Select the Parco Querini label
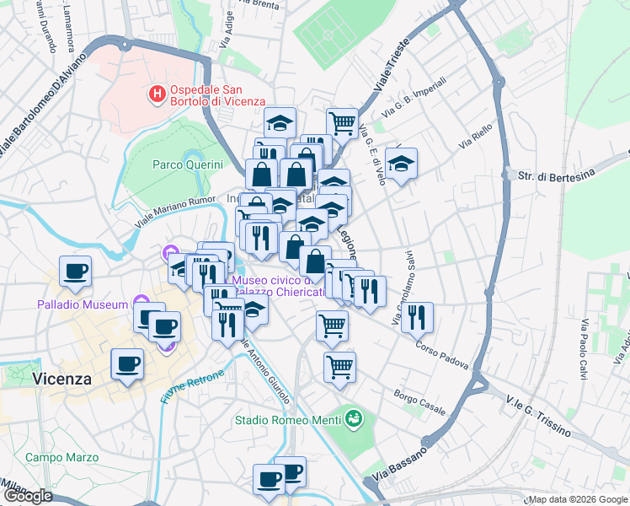[x=187, y=164]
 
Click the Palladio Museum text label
[x=82, y=304]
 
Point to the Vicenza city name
[x=61, y=379]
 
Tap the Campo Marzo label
[x=61, y=457]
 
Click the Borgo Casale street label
[x=419, y=402]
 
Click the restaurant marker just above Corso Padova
[x=417, y=318]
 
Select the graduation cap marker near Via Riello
[x=402, y=162]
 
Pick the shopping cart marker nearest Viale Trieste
[x=342, y=123]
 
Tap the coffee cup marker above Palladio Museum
[x=75, y=272]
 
